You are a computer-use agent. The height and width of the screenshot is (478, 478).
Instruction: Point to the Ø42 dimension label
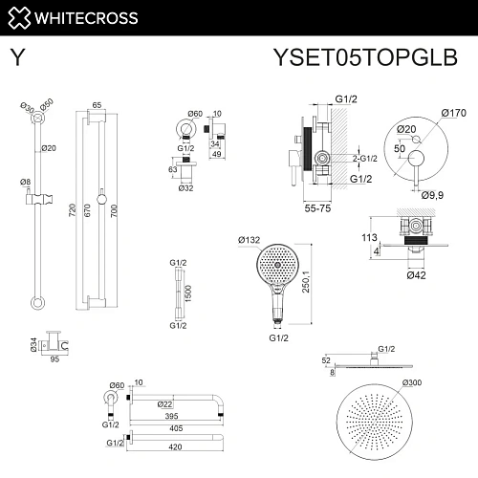(416, 275)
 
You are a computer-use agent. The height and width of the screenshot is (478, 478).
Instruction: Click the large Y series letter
(16, 56)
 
